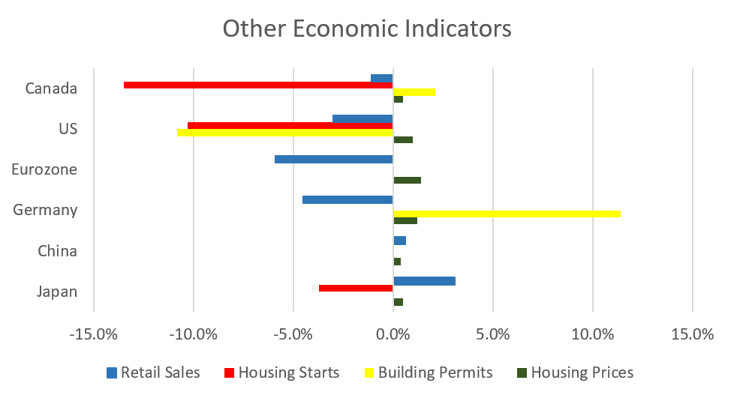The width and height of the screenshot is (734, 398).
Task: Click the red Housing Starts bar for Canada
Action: point(258,85)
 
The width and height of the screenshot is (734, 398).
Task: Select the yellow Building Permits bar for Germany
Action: point(507,214)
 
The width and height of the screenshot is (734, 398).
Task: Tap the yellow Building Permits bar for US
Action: point(285,133)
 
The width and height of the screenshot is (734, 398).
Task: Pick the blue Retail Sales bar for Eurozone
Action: point(333,159)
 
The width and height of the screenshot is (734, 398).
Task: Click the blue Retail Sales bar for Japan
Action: point(424,281)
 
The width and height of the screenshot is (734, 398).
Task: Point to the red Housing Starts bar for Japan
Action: point(356,289)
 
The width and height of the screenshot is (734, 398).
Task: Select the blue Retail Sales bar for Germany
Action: point(347,200)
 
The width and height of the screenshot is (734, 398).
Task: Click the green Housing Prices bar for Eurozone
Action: point(407,180)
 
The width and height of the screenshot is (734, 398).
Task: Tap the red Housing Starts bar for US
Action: point(290,126)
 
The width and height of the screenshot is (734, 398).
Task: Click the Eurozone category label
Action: point(44,169)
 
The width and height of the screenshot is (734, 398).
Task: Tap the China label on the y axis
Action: point(57,251)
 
